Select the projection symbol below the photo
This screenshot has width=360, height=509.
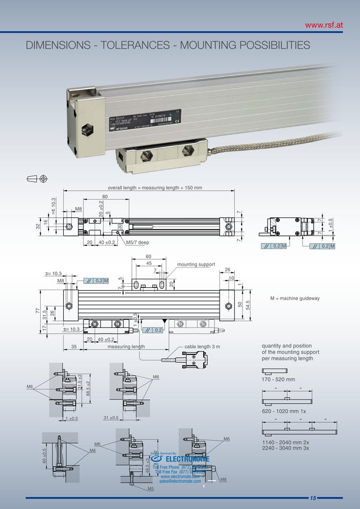click(37, 179)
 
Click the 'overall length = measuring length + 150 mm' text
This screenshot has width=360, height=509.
click(155, 188)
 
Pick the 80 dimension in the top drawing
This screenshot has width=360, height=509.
click(105, 197)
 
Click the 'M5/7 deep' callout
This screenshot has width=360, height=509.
click(137, 243)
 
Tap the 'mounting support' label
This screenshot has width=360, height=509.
click(195, 264)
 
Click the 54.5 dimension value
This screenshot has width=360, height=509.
click(247, 305)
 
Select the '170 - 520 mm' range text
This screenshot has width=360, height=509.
click(279, 379)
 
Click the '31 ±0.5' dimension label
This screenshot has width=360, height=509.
click(111, 418)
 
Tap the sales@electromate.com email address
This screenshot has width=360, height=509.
click(180, 481)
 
